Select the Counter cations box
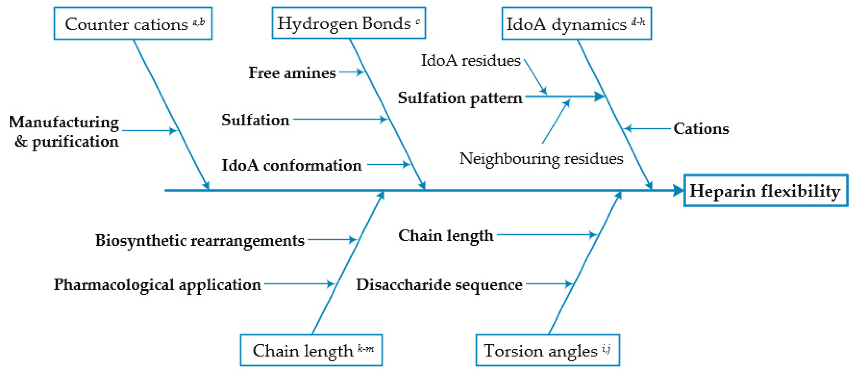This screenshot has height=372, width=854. click(x=133, y=24)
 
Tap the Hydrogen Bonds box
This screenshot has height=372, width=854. click(x=348, y=23)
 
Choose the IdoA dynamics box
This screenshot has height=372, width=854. click(x=576, y=24)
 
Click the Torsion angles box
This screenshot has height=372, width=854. click(x=547, y=350)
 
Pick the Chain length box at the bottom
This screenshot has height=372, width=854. click(x=311, y=350)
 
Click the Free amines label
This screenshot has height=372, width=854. click(x=292, y=73)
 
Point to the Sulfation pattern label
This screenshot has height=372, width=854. click(x=460, y=98)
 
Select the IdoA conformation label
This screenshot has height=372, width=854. click(x=291, y=165)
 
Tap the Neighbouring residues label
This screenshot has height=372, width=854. click(x=541, y=159)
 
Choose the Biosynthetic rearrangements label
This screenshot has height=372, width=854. click(x=199, y=240)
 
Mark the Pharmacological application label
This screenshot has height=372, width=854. click(x=157, y=285)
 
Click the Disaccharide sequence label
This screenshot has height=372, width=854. click(x=439, y=285)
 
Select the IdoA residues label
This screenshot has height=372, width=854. click(x=470, y=60)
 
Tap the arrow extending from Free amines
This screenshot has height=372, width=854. click(x=352, y=72)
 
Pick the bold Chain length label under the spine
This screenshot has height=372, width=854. click(x=446, y=236)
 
